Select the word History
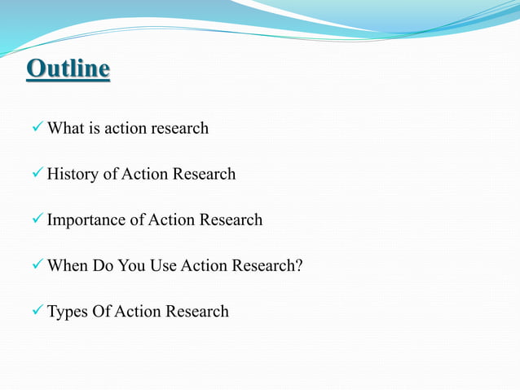73,174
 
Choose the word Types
68,311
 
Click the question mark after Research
298,265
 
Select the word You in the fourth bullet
132,265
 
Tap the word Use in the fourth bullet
165,265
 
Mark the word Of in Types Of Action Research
103,311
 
